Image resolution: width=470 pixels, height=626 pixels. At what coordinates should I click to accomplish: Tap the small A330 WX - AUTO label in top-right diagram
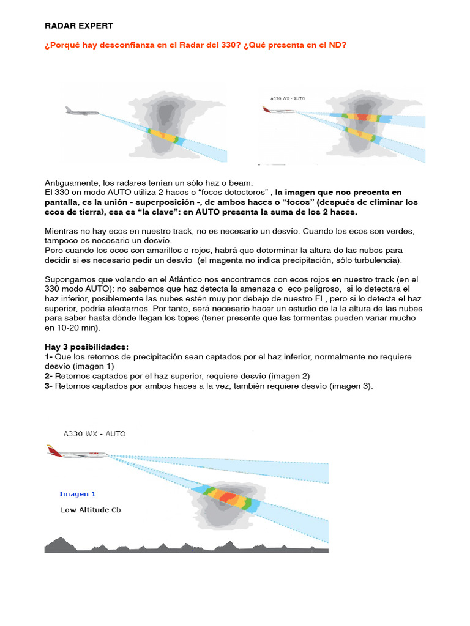click(288, 98)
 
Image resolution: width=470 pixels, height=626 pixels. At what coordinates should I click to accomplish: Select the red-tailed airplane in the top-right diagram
click(278, 111)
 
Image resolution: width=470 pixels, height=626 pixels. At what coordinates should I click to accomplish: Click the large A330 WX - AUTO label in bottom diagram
click(95, 433)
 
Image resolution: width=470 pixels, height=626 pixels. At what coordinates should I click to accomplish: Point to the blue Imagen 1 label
click(78, 493)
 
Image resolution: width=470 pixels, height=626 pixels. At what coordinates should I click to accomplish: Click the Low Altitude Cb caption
click(90, 509)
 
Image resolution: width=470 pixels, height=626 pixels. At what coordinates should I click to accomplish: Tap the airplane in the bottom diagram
click(77, 454)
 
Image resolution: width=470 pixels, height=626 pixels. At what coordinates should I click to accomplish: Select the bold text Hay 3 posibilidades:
click(87, 346)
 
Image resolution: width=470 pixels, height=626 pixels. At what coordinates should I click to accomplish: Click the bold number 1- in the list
click(48, 356)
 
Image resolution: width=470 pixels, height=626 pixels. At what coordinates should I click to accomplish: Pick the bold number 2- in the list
click(48, 376)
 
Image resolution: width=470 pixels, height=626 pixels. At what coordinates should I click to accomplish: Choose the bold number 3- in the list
click(49, 386)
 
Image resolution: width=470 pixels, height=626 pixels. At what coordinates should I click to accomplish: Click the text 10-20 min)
click(72, 327)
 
